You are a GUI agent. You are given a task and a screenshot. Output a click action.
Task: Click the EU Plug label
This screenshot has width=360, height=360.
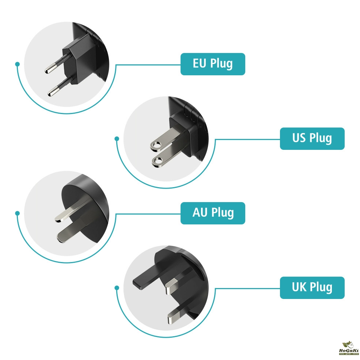coord(213,64)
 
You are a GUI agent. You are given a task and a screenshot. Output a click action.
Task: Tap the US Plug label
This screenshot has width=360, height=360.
coord(312,138)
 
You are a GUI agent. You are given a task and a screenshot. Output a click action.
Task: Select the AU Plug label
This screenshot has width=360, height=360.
coord(213,213)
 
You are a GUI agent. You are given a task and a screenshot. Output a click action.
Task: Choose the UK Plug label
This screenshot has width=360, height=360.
coord(312,287)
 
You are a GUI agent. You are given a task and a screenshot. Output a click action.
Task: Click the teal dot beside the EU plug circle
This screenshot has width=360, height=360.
coord(17,64)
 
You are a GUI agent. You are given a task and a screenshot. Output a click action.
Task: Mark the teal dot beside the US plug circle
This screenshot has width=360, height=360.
coord(117,139)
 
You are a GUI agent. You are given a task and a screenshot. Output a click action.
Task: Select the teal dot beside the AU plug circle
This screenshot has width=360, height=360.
coord(17,213)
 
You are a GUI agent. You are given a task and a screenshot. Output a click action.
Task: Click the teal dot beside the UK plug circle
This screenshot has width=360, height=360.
coord(117,288)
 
